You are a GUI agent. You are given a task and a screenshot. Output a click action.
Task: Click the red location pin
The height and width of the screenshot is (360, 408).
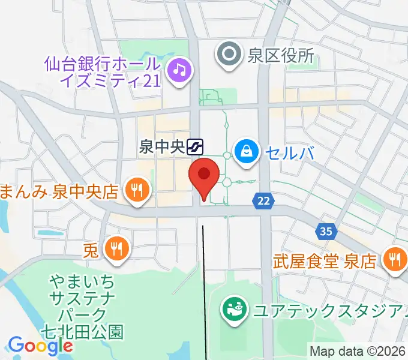(204, 175)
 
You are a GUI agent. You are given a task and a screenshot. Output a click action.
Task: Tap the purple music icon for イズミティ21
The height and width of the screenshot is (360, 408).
(179, 71)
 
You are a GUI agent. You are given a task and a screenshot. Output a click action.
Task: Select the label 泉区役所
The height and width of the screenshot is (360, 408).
(281, 56)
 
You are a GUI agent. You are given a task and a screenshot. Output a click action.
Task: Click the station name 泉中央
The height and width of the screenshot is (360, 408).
(161, 146)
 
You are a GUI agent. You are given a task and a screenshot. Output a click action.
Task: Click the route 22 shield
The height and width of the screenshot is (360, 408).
(262, 202)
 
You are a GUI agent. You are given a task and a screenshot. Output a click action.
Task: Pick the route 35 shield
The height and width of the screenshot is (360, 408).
(326, 232)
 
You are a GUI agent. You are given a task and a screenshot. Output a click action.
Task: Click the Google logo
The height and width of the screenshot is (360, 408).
(40, 346)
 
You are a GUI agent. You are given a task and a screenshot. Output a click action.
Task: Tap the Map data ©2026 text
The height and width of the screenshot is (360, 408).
(358, 351)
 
